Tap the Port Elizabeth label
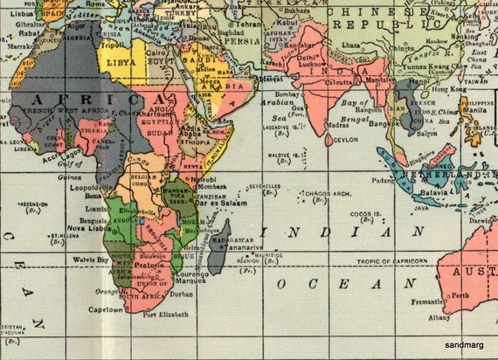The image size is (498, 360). coord(160,316)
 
